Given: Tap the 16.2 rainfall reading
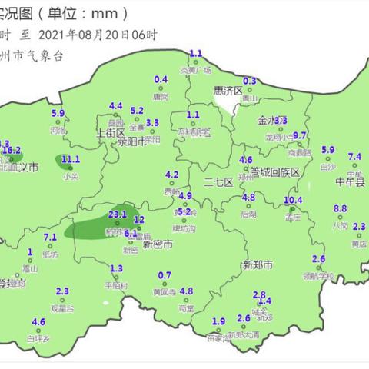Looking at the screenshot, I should click(x=22, y=150).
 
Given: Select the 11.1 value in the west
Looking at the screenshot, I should click(x=70, y=159).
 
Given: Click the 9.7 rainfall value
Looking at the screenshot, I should click(x=300, y=135).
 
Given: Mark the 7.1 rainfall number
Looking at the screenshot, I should click(x=51, y=237).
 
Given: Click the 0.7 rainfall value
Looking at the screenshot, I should click(x=164, y=275).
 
